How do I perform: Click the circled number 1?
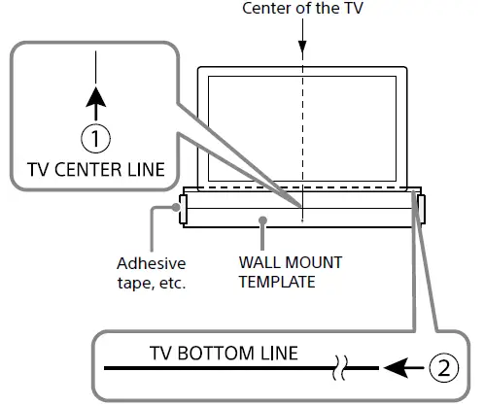(95, 140)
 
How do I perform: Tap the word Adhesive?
(151, 263)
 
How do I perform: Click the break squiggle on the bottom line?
(340, 368)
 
